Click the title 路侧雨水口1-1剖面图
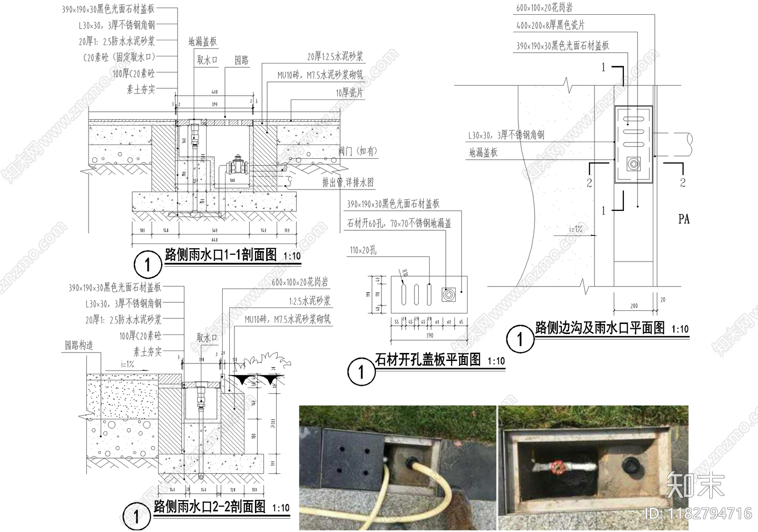click(x=221, y=255)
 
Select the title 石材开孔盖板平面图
click(x=428, y=360)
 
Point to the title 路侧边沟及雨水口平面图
click(x=600, y=328)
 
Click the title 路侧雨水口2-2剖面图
click(x=210, y=506)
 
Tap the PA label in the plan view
click(x=684, y=219)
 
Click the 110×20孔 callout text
click(x=363, y=250)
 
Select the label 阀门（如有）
click(x=358, y=151)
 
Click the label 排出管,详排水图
click(x=348, y=182)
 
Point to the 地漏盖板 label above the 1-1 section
click(x=202, y=42)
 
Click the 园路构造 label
click(x=79, y=345)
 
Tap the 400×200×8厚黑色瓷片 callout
click(x=550, y=25)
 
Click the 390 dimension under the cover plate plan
click(x=429, y=335)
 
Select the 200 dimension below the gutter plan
click(x=634, y=306)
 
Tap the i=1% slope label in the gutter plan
click(x=576, y=229)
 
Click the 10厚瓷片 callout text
click(x=349, y=93)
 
